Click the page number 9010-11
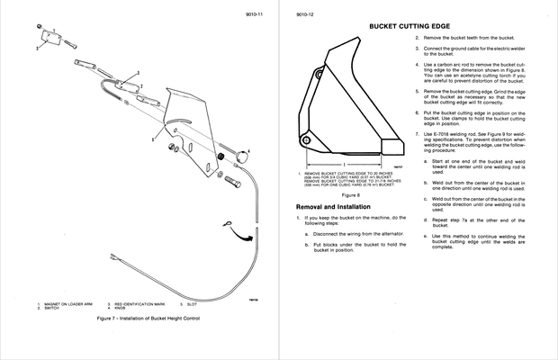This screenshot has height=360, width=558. click(254, 15)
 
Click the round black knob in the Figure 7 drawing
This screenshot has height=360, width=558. click(240, 158)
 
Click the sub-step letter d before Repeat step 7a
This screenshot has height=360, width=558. click(426, 219)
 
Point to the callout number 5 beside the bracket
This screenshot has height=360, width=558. click(154, 140)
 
